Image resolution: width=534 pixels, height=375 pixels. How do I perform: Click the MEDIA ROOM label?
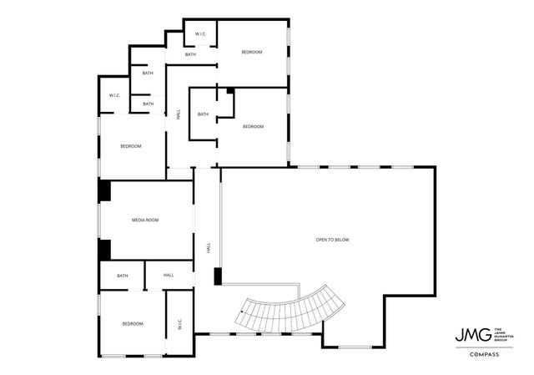tap(145, 220)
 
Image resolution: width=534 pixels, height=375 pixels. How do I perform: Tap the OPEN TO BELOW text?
tap(332, 240)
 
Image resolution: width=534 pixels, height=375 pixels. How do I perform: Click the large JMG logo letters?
tap(470, 335)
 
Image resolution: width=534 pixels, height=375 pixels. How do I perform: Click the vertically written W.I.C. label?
tap(179, 324)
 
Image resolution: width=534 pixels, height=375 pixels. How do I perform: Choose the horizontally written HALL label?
tap(169, 275)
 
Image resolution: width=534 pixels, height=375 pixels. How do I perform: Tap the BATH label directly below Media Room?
tap(123, 276)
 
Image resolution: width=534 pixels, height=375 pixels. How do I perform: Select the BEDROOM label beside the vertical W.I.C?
tap(133, 323)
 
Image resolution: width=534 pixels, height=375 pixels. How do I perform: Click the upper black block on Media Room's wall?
tap(105, 191)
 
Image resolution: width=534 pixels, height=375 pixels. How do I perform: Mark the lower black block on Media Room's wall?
tap(105, 250)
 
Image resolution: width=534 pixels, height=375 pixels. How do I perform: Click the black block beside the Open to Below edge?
tap(218, 276)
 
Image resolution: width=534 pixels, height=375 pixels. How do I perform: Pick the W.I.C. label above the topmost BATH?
tap(201, 34)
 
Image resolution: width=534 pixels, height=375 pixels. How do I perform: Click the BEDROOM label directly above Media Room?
tap(131, 146)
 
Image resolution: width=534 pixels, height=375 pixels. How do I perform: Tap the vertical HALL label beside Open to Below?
tap(208, 248)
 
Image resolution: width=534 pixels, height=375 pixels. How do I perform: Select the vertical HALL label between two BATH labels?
tap(179, 115)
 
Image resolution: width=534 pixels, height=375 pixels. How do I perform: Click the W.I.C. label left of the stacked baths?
tap(114, 95)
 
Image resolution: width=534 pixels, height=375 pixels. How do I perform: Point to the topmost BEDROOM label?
tap(252, 52)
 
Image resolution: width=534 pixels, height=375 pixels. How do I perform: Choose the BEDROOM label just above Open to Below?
tap(253, 126)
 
